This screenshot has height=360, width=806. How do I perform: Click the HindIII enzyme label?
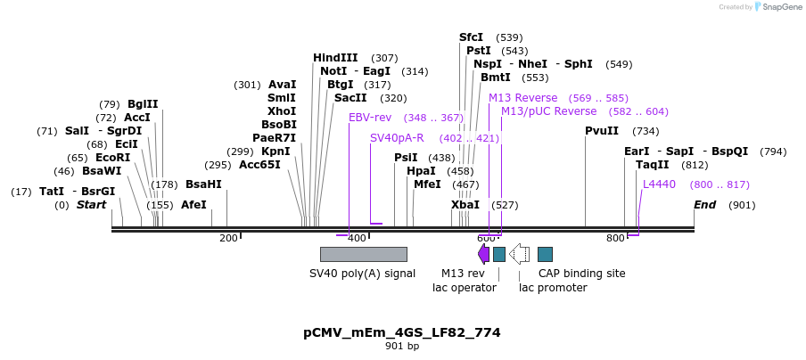(x=335, y=58)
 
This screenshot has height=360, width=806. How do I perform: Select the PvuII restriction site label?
(x=602, y=131)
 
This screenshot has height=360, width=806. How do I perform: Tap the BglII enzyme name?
(x=143, y=104)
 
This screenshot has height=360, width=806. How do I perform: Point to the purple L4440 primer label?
(x=659, y=184)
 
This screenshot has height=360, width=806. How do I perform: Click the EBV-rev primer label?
(x=370, y=118)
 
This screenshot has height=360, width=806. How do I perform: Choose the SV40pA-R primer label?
(x=397, y=138)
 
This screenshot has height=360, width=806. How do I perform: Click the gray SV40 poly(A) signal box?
(x=363, y=254)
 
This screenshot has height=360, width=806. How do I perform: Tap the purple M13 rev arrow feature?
(x=484, y=254)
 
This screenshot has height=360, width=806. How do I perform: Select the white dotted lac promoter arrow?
(x=519, y=254)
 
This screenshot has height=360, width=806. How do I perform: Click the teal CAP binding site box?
(x=545, y=254)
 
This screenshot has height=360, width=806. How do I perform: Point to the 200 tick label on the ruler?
(x=228, y=238)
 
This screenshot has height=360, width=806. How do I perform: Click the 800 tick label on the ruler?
(x=615, y=238)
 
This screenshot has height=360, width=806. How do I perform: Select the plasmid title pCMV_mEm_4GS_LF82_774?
(x=402, y=332)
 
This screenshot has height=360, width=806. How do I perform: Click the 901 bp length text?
(x=402, y=346)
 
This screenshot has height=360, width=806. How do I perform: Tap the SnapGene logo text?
(x=781, y=7)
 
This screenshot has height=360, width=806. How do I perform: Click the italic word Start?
(x=91, y=205)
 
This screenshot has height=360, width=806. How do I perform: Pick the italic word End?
(x=705, y=205)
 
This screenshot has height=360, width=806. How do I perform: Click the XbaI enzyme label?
(x=465, y=205)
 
